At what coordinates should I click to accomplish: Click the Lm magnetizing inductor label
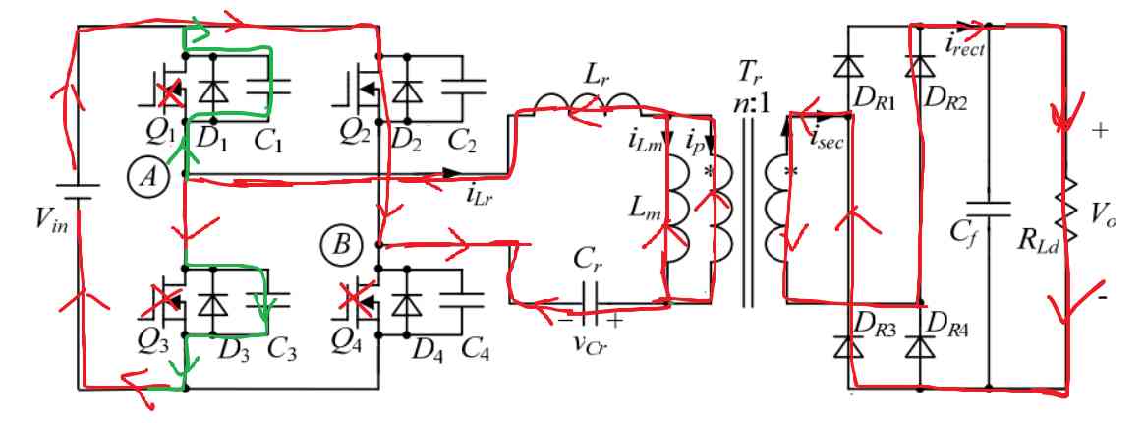coord(643,211)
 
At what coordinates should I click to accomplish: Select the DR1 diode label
coord(873,105)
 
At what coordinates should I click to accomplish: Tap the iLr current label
coord(480,194)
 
